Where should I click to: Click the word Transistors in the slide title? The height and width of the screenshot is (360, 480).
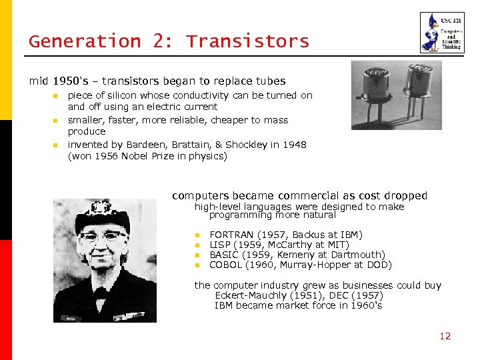247,41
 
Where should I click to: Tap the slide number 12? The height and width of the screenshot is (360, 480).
445,336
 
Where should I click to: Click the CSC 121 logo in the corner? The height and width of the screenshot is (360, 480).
441,33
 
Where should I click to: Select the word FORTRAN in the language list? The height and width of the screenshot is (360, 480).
231,235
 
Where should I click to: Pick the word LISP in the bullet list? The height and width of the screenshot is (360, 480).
221,245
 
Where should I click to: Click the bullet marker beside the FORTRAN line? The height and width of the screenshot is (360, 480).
197,235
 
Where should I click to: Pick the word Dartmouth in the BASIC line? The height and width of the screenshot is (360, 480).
359,255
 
